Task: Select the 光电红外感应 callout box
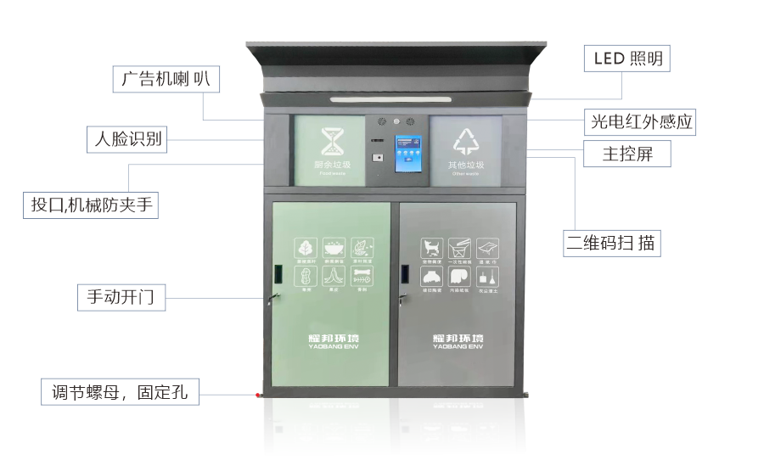point(642,122)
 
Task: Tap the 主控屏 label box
point(626,154)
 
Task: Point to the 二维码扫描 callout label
point(612,243)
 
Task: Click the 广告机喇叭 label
point(166,80)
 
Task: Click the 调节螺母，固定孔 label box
point(121,392)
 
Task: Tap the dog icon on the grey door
point(432,248)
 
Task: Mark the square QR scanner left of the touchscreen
point(376,157)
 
